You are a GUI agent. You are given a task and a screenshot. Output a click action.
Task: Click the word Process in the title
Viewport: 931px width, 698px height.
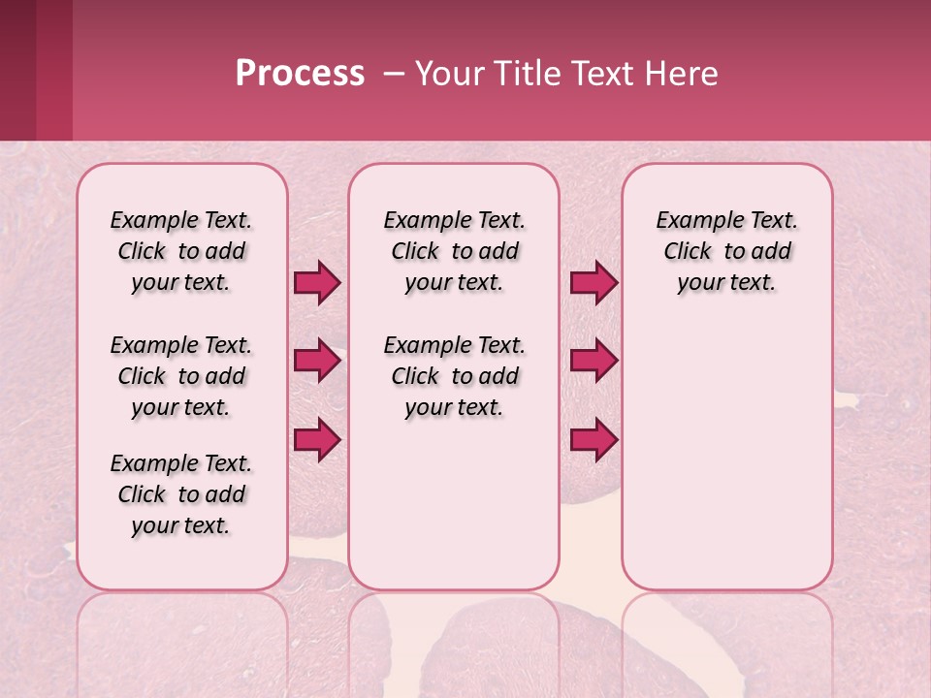click(x=299, y=74)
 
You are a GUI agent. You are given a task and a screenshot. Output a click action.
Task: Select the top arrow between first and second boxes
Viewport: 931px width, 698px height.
click(x=317, y=282)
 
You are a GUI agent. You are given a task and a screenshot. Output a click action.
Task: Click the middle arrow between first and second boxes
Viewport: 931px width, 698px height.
click(x=317, y=361)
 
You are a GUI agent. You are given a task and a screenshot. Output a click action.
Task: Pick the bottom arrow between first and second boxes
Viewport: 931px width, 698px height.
click(x=317, y=439)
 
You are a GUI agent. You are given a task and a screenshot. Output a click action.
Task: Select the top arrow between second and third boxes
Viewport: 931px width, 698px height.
click(x=594, y=282)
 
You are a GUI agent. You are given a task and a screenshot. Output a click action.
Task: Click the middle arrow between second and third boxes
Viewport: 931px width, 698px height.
click(x=594, y=361)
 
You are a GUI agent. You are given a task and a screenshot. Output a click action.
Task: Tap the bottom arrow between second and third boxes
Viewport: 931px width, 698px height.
click(x=594, y=439)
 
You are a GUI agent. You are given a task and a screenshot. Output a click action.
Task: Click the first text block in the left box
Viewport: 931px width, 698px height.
click(x=181, y=251)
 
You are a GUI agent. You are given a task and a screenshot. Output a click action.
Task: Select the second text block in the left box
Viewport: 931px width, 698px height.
click(x=181, y=376)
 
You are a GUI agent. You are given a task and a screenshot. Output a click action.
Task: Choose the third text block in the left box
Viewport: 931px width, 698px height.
click(x=181, y=494)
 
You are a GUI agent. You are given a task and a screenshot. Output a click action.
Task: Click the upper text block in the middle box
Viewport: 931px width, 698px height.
click(x=454, y=251)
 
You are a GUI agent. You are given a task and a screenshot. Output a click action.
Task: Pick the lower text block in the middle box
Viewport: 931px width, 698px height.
click(x=454, y=376)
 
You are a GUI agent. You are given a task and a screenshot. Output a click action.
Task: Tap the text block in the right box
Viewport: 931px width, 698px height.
click(x=726, y=251)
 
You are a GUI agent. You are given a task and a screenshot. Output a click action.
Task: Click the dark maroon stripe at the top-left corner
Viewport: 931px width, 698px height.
click(x=17, y=70)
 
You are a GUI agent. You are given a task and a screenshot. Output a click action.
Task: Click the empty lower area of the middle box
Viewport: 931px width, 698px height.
click(x=454, y=504)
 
